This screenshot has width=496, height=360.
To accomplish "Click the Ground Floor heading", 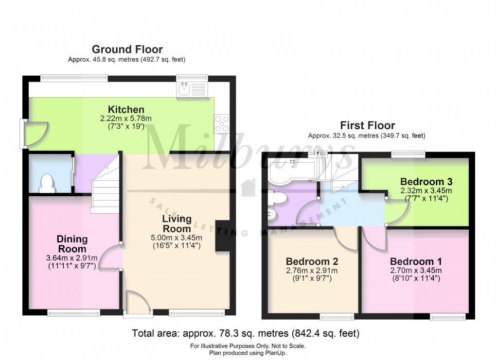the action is [127, 49].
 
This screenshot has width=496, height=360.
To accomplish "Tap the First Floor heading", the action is [368, 125].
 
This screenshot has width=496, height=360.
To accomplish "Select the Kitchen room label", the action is [126, 109].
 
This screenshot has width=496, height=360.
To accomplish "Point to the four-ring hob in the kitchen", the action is [222, 123].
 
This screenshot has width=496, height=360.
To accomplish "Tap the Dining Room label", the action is [72, 244].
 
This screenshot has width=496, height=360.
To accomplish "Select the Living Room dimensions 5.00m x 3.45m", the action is [177, 238].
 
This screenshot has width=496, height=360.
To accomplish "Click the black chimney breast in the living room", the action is [223, 236].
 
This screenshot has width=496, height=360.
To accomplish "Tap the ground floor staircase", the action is [105, 183].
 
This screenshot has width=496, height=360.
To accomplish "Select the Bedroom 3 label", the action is [426, 182].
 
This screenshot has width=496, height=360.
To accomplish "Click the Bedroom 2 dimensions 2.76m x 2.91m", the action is [312, 271].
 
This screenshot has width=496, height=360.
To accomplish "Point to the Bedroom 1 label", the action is [416, 261].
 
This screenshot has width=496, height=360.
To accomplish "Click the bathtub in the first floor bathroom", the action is [291, 170].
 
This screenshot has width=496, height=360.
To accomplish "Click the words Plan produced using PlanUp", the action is [248, 353].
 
